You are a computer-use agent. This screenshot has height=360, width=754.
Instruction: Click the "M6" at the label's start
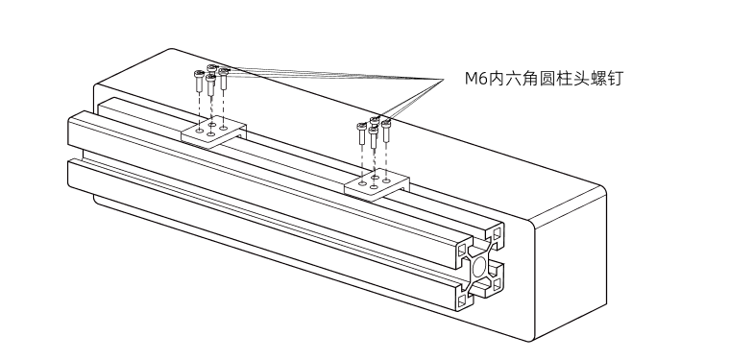(x=462, y=80)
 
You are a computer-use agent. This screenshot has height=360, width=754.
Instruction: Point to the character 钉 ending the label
(x=615, y=80)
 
